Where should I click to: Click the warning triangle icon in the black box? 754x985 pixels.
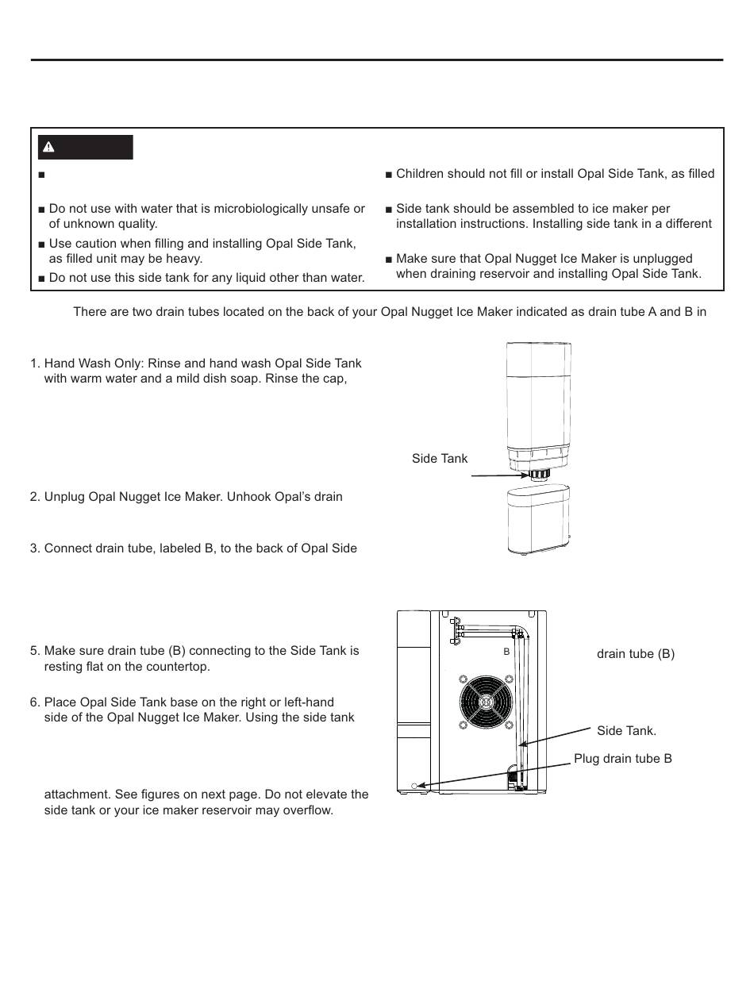pos(48,147)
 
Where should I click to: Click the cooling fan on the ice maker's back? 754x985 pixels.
pos(484,701)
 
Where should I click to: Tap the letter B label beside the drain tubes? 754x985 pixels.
pos(506,651)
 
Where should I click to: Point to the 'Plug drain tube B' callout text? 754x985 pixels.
pos(623,758)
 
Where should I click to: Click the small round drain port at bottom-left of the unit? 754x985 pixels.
pos(414,786)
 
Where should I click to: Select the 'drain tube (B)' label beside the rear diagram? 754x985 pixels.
pos(635,654)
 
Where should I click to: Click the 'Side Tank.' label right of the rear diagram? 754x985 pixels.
pos(626,730)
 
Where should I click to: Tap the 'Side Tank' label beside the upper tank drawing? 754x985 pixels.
pos(440,458)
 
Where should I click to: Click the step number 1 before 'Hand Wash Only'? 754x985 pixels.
pos(34,363)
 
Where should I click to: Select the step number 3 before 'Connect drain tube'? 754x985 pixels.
pos(34,548)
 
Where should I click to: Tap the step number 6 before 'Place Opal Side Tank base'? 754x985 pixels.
pos(34,702)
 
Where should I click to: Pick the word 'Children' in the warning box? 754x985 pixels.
pos(421,174)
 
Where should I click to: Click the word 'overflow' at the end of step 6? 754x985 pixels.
pos(306,811)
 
